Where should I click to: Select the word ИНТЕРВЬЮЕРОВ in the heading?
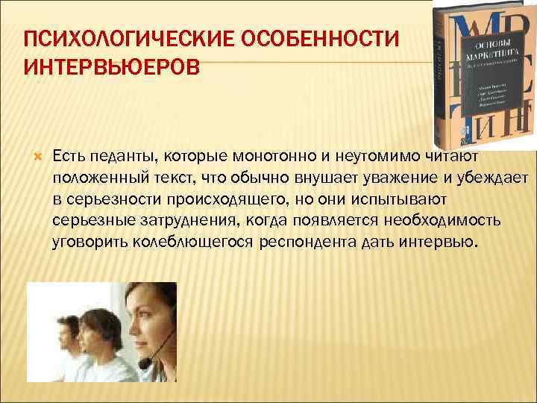coord(112,69)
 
